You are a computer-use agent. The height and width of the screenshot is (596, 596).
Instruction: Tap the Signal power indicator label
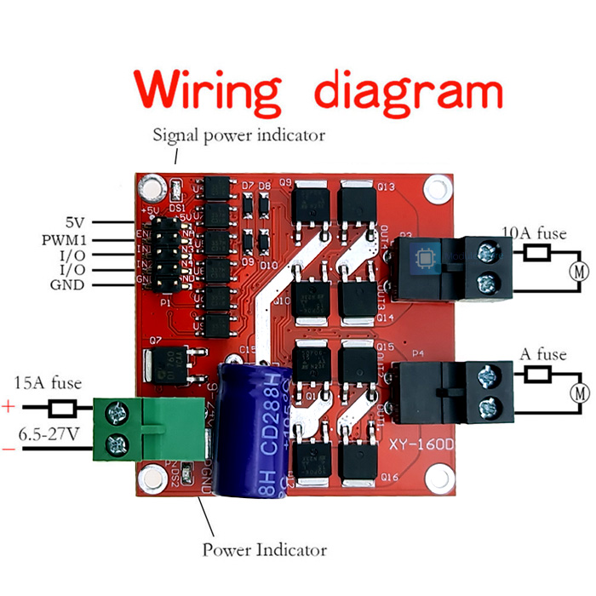(238, 135)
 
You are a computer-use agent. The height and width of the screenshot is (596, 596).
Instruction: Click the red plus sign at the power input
(9, 407)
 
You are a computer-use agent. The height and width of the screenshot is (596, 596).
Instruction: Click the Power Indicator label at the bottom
(264, 549)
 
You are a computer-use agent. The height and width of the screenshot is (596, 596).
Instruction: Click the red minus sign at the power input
(9, 449)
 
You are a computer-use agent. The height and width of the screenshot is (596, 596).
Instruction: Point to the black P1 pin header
(167, 253)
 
